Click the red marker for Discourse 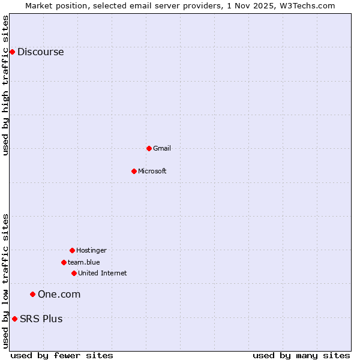coord(12,52)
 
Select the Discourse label coord(40,52)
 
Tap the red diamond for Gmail coord(149,148)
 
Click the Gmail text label coord(162,148)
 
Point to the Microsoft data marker coord(134,171)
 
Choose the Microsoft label coord(152,171)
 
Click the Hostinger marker coord(72,250)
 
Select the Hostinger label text coord(91,250)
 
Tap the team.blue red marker coord(64,262)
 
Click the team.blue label coord(84,262)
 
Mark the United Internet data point coord(74,273)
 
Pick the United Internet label coord(103,273)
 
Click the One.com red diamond coord(32,294)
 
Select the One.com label coord(59,294)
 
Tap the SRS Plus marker coord(14,319)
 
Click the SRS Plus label coord(41,319)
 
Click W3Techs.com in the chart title coord(310,5)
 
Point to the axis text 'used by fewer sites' coord(62,355)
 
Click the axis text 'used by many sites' coord(301,355)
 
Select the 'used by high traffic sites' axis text coord(5,85)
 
